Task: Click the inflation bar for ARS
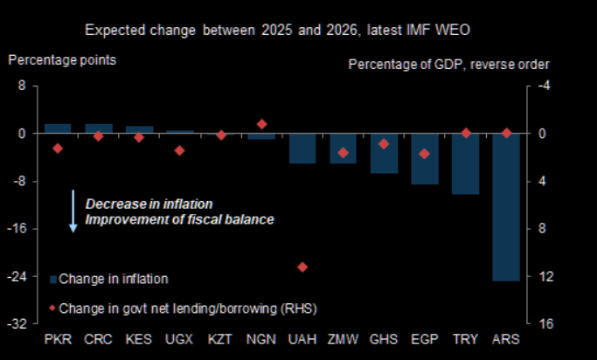(x=506, y=207)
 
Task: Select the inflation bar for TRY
(x=465, y=164)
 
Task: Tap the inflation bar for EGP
(x=425, y=159)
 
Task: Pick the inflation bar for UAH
(x=302, y=149)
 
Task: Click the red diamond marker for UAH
(x=302, y=267)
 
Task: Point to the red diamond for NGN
(x=261, y=124)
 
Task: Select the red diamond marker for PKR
(x=58, y=149)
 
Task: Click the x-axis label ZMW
(x=343, y=338)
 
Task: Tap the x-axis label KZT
(x=220, y=338)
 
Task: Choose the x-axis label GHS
(x=384, y=338)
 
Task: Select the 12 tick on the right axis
(x=542, y=276)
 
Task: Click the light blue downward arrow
(x=74, y=211)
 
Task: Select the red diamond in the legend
(x=52, y=308)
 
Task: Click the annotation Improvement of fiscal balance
(x=179, y=219)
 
